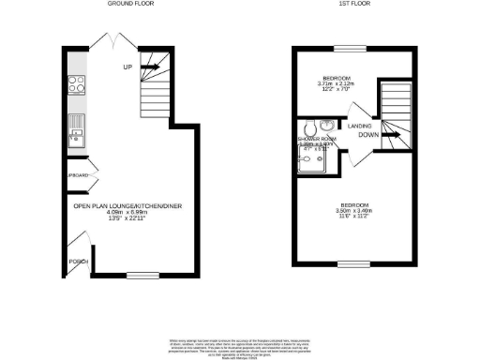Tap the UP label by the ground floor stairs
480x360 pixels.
point(127,67)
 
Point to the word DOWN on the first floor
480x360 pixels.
point(368,134)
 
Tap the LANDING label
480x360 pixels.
point(361,125)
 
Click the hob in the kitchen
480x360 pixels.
point(75,91)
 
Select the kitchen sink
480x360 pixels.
point(75,139)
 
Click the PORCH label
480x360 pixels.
point(76,262)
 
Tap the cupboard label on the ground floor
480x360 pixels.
point(77,176)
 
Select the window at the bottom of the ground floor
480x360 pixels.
point(142,275)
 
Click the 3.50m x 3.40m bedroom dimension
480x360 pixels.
point(353,211)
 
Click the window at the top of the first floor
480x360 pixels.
point(352,49)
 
